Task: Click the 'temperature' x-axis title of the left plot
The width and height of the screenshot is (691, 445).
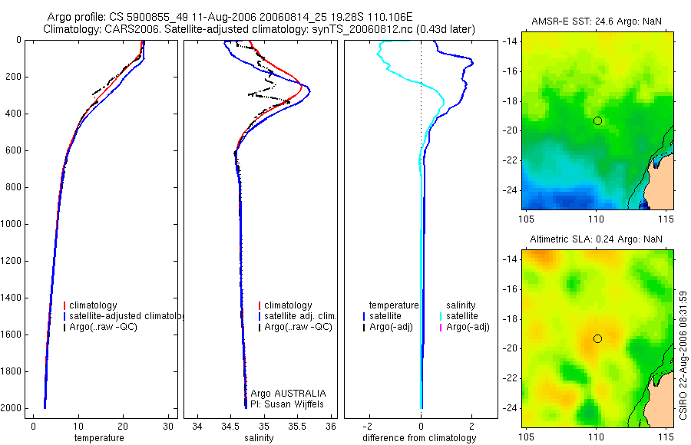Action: (x=99, y=438)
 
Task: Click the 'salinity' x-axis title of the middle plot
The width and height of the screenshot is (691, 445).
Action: (x=259, y=438)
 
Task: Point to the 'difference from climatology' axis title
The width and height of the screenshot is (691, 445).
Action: (x=419, y=438)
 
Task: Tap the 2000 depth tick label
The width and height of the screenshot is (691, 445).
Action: (x=12, y=408)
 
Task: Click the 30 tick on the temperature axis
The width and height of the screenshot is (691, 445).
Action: (x=168, y=426)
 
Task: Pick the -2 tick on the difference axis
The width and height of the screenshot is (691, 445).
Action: (x=368, y=426)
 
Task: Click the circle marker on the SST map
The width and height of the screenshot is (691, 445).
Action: (x=597, y=120)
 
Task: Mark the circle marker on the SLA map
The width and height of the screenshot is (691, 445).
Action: (x=597, y=339)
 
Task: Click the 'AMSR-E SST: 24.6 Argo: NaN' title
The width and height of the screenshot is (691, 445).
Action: (x=597, y=21)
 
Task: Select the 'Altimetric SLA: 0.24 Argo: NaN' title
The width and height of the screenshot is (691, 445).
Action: (x=596, y=239)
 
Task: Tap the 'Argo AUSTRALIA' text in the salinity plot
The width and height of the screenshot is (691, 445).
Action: (x=288, y=393)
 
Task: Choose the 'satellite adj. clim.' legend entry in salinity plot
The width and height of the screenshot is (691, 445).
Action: (x=297, y=316)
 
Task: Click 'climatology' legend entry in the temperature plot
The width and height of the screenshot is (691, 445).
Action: (x=91, y=305)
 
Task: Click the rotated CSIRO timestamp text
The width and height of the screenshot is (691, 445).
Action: (x=683, y=355)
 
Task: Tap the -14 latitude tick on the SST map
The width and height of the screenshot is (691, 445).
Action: (x=510, y=41)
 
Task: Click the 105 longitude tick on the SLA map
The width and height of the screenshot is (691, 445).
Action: (x=526, y=437)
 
